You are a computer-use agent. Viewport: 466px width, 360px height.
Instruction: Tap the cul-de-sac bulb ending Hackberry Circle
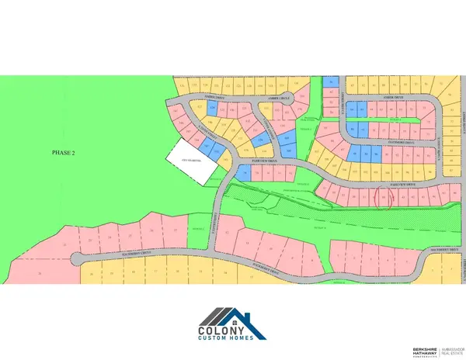coord(77,258)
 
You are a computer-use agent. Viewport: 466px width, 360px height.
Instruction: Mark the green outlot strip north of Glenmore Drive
coord(397,120)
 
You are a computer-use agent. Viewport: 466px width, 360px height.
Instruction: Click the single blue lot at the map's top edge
coord(332,81)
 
